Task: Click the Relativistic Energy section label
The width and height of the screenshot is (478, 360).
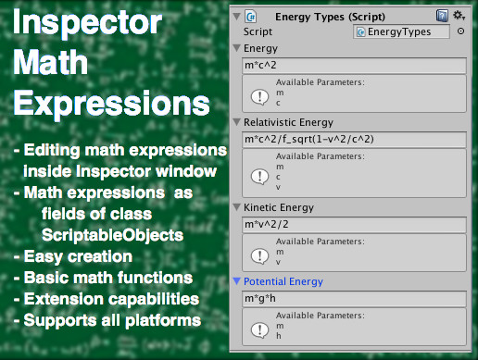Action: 288,122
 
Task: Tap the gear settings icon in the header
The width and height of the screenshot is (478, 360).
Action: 458,15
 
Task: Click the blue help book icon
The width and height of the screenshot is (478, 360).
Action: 443,15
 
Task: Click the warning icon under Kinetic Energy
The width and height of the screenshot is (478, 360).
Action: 260,248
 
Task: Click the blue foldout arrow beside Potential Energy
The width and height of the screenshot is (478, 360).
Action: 236,281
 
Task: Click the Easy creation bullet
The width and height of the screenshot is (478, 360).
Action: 71,256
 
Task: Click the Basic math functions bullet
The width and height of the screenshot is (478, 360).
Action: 103,278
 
